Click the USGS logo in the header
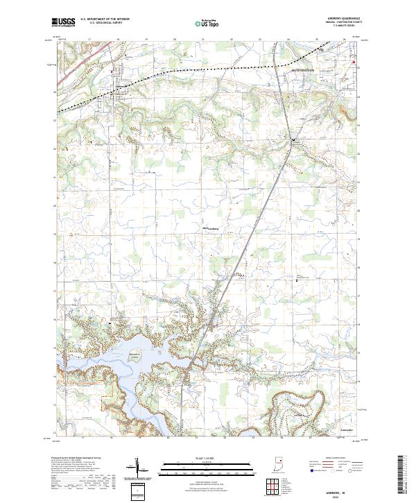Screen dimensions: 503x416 click(x=64, y=23)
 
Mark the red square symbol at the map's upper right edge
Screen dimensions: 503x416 click(x=354, y=63)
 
